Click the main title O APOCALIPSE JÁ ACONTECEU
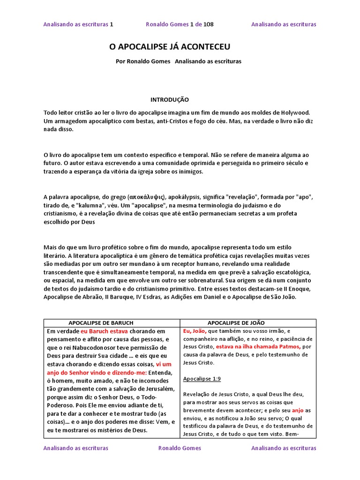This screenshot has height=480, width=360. pyautogui.click(x=170, y=47)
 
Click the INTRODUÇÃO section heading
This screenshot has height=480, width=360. pyautogui.click(x=169, y=100)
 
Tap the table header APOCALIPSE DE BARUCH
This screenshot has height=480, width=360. pyautogui.click(x=101, y=323)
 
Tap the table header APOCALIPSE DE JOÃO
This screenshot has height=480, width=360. pyautogui.click(x=236, y=323)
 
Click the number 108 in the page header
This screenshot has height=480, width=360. pyautogui.click(x=209, y=24)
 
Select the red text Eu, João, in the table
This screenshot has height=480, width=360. pyautogui.click(x=195, y=331)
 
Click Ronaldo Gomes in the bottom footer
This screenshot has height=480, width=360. pyautogui.click(x=180, y=448)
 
